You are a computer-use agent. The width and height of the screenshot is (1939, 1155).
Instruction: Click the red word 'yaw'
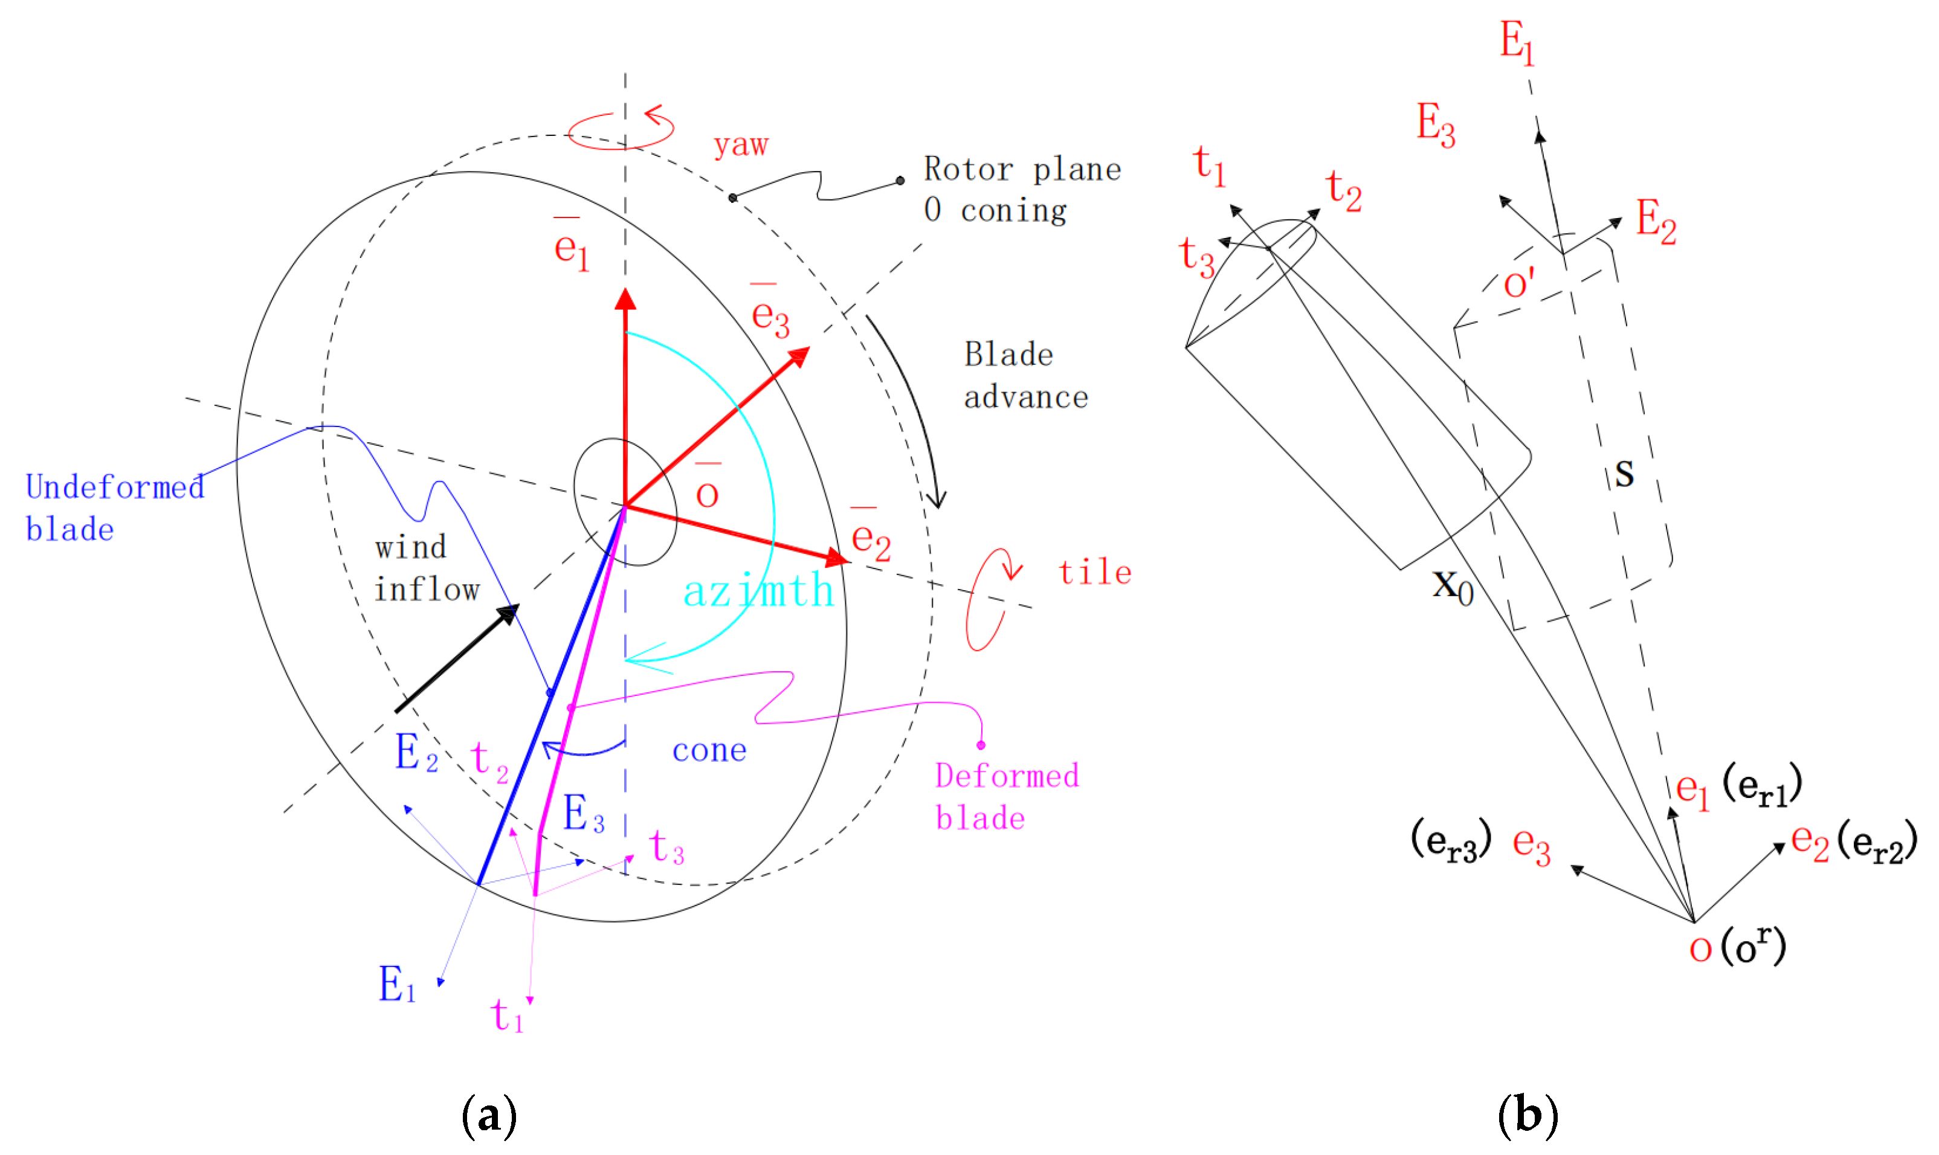click(740, 146)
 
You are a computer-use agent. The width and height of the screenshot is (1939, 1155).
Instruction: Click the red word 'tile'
click(1094, 573)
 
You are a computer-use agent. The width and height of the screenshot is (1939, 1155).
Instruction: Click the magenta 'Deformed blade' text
click(1007, 796)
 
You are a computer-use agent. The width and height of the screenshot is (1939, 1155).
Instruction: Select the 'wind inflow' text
click(426, 569)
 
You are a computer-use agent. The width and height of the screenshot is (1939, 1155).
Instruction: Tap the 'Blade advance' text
click(1025, 376)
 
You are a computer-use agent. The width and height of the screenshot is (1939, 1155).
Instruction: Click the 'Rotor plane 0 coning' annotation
click(1021, 189)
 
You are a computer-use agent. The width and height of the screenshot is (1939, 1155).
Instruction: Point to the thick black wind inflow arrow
click(457, 658)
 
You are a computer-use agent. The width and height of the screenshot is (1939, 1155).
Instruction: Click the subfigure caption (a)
click(489, 1115)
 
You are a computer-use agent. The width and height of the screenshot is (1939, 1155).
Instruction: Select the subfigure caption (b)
click(1528, 1115)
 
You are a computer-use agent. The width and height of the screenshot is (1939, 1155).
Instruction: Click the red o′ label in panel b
click(1518, 283)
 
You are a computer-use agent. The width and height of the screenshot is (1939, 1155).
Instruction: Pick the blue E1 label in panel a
click(397, 984)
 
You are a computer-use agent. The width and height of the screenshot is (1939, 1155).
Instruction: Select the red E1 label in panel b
click(1516, 42)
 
